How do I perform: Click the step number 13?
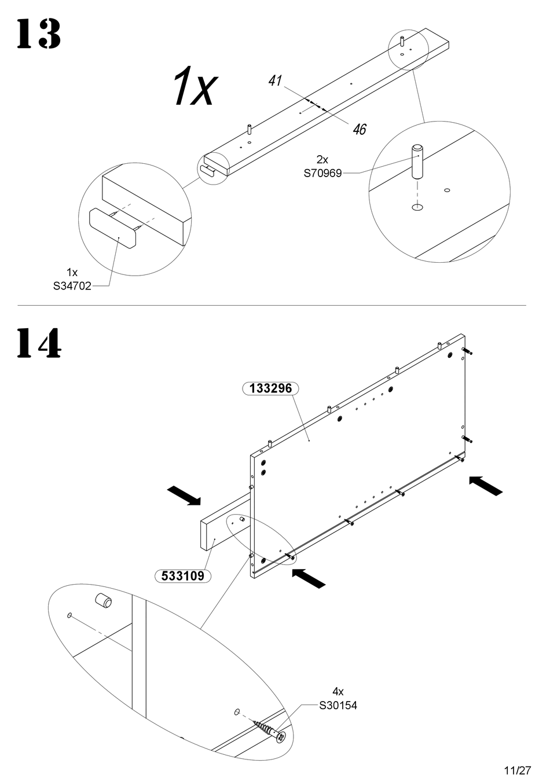39,34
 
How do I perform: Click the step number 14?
39,343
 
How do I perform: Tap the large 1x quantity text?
196,86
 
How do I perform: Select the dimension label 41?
275,80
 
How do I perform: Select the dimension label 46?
360,129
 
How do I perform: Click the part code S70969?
323,173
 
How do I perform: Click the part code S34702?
72,286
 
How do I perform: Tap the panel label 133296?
270,388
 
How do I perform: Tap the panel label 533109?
183,576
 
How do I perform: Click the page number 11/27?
518,770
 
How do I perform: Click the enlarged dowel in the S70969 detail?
417,162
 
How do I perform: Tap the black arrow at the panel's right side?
485,486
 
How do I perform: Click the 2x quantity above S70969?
322,159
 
